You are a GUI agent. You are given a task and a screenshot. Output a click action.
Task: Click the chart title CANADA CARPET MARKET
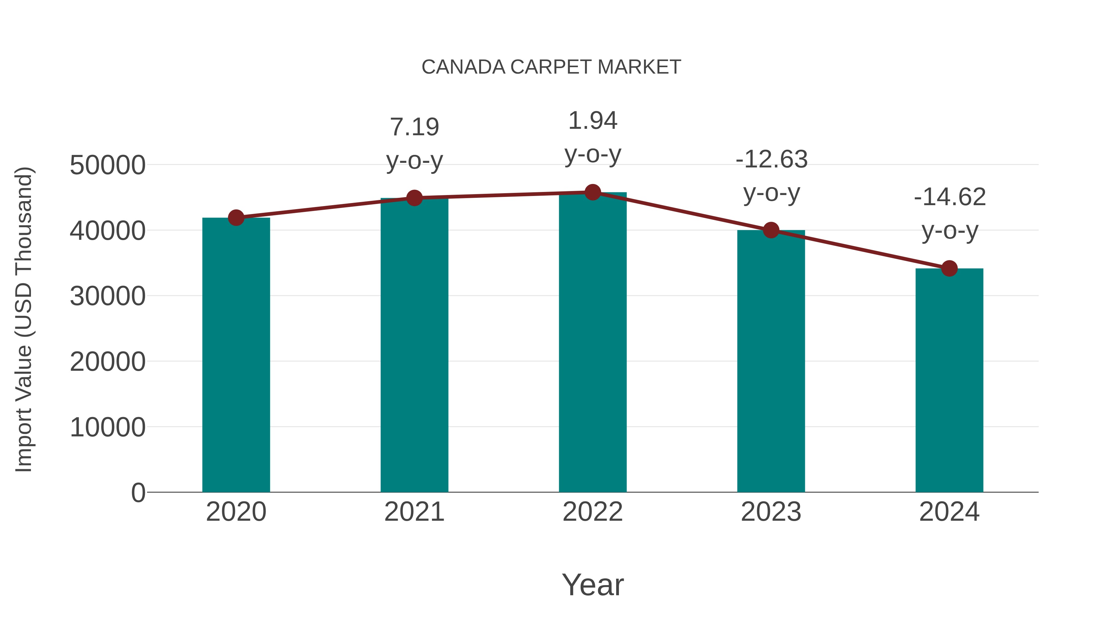click(551, 67)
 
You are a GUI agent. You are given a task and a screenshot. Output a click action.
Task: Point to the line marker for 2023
click(771, 230)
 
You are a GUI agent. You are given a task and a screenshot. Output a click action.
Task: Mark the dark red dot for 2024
click(949, 268)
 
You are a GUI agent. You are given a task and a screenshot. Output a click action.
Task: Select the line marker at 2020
click(236, 218)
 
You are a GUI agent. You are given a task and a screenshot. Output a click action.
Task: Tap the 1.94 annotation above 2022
click(593, 121)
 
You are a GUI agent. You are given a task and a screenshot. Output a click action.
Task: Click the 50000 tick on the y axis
click(108, 165)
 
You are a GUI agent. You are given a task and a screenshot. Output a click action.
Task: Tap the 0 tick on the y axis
click(138, 493)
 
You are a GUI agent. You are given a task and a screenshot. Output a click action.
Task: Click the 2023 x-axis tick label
click(771, 512)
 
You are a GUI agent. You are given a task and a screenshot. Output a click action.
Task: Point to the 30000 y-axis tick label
click(108, 296)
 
